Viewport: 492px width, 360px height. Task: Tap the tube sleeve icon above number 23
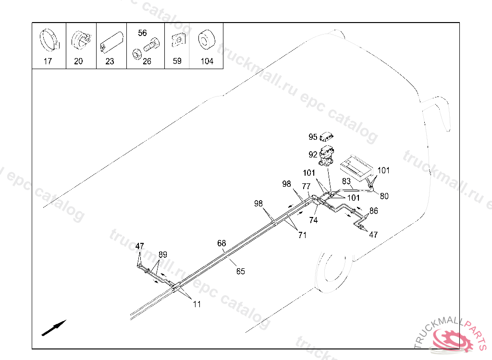click(110, 43)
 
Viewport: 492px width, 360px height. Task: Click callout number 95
click(313, 137)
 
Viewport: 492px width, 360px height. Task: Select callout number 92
click(313, 155)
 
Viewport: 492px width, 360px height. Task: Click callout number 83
click(346, 181)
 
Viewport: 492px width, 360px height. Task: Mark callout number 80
click(384, 196)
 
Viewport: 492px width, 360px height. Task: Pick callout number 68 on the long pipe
click(221, 243)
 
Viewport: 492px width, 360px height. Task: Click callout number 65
click(240, 271)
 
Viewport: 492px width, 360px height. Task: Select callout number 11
click(197, 304)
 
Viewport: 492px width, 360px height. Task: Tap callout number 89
click(163, 254)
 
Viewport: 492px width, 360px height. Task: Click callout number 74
click(313, 220)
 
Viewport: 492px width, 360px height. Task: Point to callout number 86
click(373, 211)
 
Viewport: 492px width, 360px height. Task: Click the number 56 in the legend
click(142, 33)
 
